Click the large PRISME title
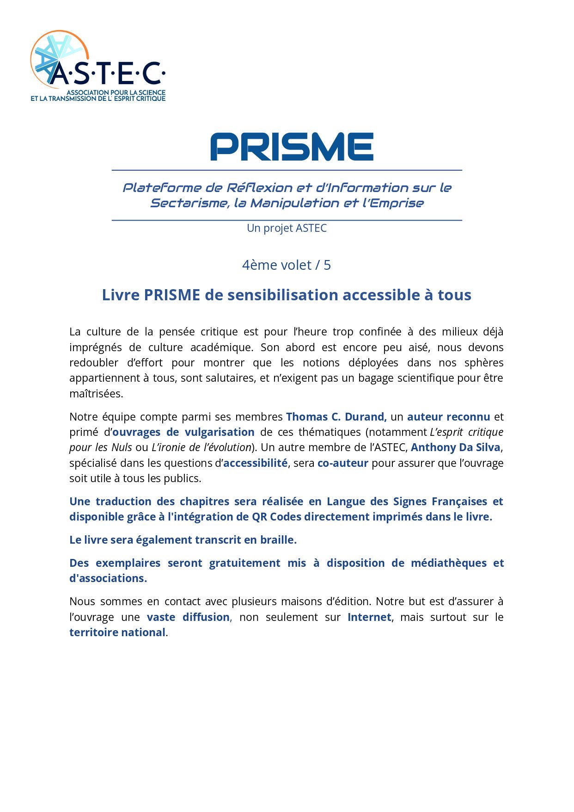[x=292, y=147]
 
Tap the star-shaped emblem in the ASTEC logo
[x=55, y=56]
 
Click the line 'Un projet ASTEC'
[x=287, y=228]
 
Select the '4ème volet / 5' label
[x=287, y=265]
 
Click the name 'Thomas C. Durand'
[x=336, y=417]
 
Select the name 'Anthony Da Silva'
[x=455, y=448]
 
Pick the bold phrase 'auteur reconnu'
[x=448, y=417]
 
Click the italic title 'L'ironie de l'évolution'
[x=201, y=448]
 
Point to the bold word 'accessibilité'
[x=255, y=463]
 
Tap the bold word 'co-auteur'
[x=342, y=463]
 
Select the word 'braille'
[x=277, y=540]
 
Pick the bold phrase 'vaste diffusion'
[x=188, y=617]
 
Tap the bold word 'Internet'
[x=369, y=617]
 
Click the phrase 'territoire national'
[x=117, y=632]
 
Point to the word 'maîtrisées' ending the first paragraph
[x=96, y=394]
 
